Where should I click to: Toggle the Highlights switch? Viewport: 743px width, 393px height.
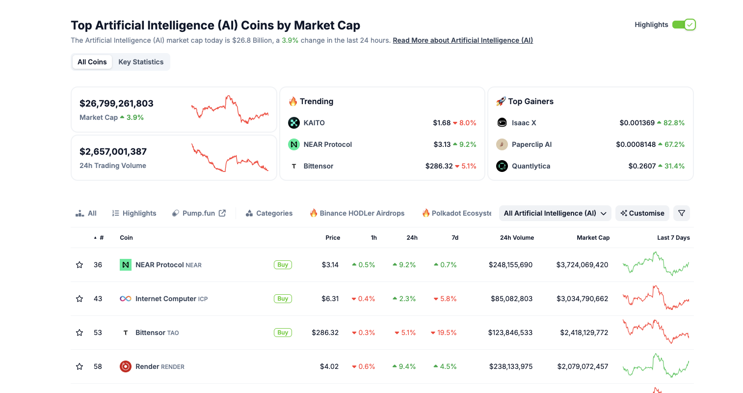(x=684, y=25)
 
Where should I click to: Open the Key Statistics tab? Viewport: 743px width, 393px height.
(x=141, y=62)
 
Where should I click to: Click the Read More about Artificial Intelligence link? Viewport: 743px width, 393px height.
(x=463, y=40)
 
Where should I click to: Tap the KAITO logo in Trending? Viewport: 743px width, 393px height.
(x=293, y=123)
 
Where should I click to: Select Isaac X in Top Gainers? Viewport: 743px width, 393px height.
(x=524, y=123)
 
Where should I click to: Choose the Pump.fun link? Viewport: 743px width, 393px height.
(x=199, y=213)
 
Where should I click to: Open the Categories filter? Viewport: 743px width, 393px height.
(x=269, y=213)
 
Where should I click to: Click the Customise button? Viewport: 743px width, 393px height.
(x=642, y=213)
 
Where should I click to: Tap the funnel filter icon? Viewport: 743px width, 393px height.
(x=682, y=213)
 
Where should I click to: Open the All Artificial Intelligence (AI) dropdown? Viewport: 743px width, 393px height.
(x=555, y=213)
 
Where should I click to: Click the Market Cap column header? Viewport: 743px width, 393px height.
(x=593, y=238)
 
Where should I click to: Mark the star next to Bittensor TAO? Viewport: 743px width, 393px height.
(x=80, y=333)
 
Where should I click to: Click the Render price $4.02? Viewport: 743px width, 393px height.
(x=329, y=366)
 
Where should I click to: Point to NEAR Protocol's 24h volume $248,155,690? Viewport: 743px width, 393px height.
(x=510, y=265)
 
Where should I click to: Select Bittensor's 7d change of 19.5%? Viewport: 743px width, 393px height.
(x=444, y=333)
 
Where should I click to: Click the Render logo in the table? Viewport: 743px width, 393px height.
(x=125, y=366)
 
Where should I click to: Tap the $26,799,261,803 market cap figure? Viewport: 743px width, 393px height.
(x=116, y=104)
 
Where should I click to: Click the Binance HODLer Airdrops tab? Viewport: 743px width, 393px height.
(x=357, y=213)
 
